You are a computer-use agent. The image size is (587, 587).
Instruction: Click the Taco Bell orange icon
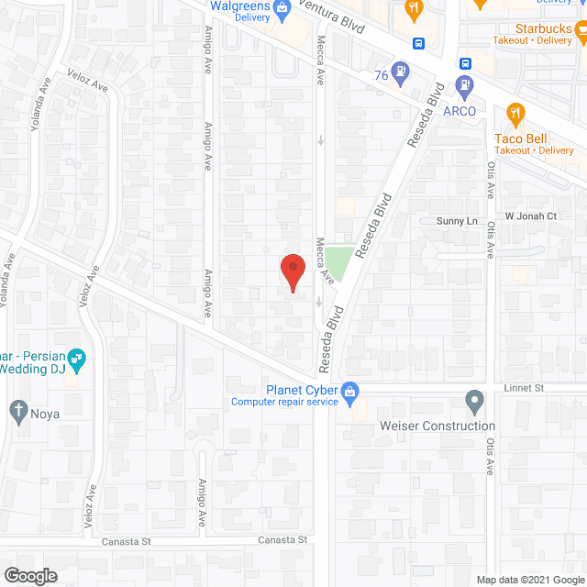tap(515, 114)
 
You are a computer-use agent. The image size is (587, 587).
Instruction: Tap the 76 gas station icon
tap(400, 71)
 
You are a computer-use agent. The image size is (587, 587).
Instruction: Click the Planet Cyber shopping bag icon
tap(349, 391)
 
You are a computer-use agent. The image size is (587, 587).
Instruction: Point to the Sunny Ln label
tap(458, 221)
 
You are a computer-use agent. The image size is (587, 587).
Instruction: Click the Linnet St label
tap(524, 388)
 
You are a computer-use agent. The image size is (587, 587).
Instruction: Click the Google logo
tap(29, 575)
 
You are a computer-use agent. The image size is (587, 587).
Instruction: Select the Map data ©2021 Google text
tap(530, 579)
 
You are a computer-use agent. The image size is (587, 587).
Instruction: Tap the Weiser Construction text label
tap(437, 426)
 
